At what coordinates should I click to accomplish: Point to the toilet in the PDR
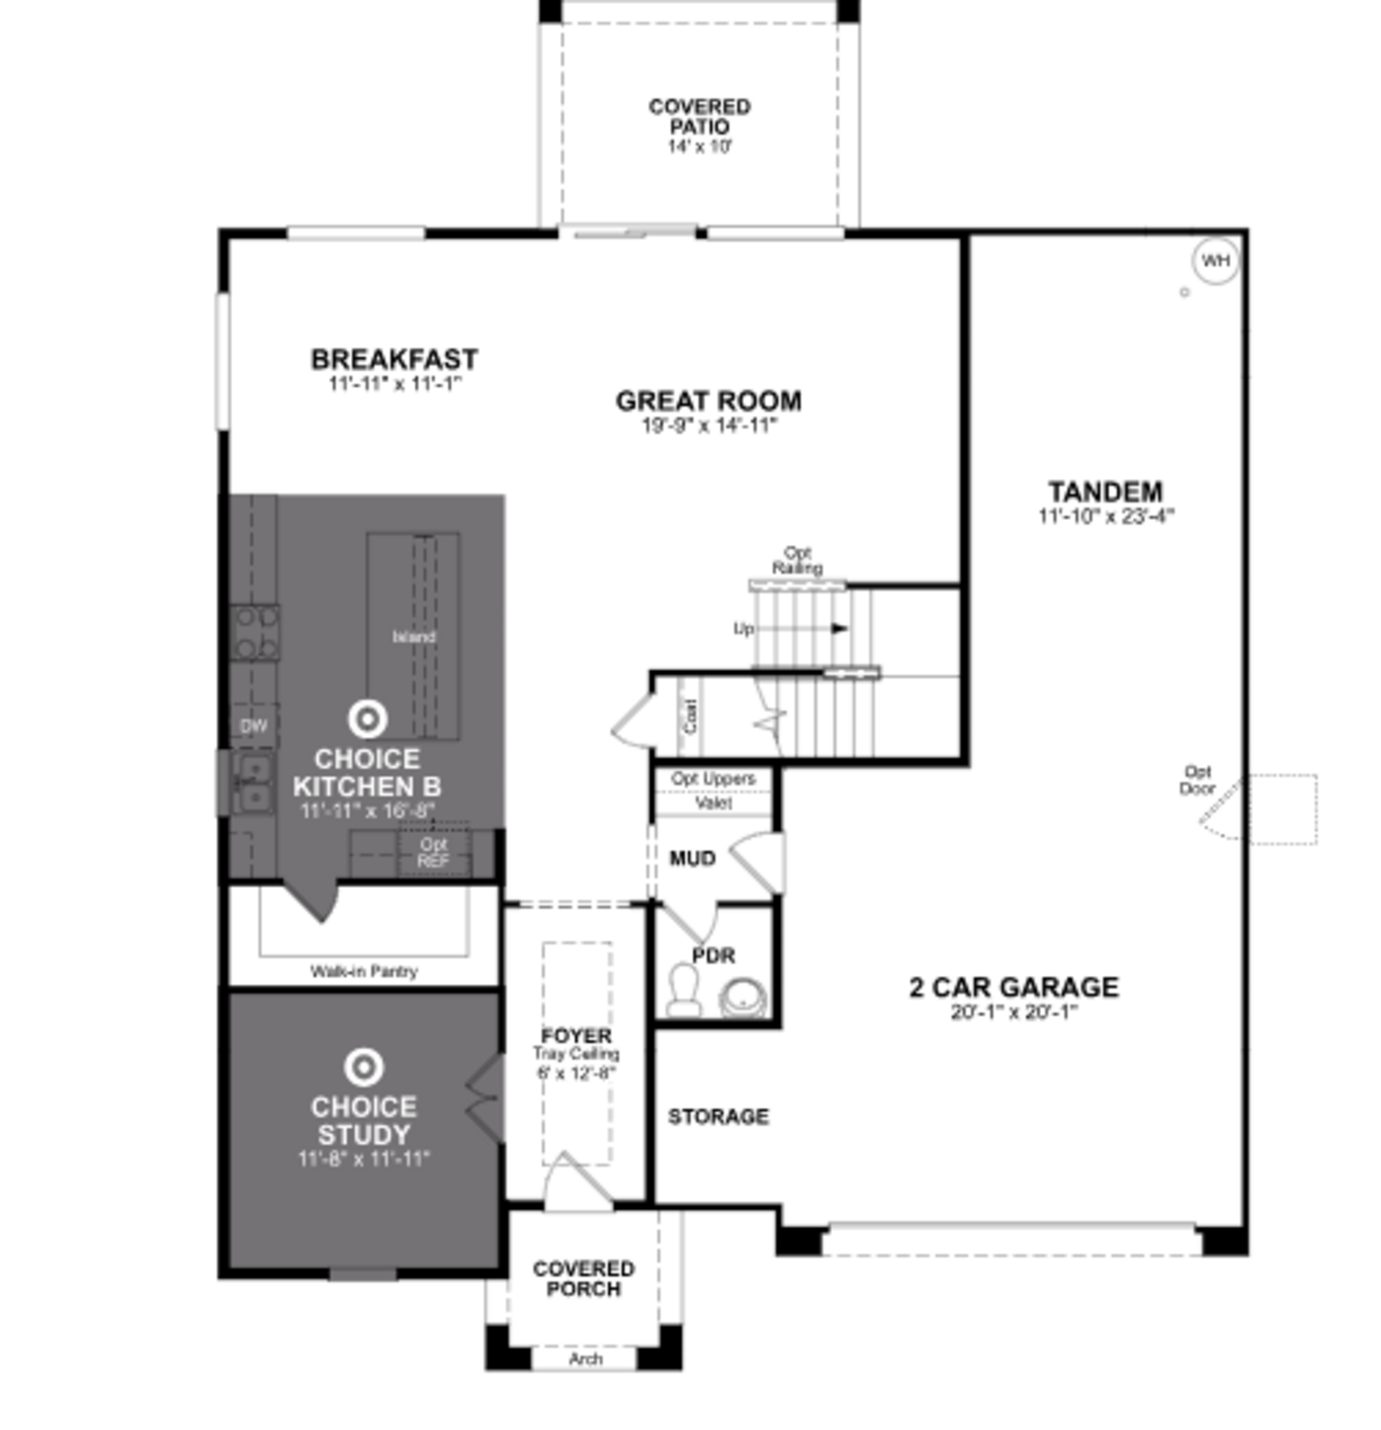tap(684, 990)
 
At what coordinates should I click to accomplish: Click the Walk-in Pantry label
tap(364, 971)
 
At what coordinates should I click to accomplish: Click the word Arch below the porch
tap(585, 1358)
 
